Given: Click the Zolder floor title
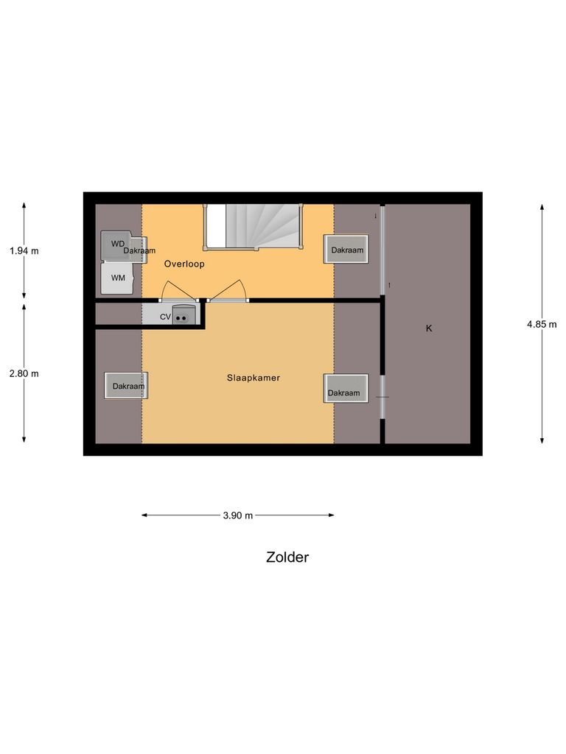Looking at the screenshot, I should pos(287,557).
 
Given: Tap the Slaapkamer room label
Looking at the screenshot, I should pos(254,378).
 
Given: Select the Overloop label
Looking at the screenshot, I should pos(184,264).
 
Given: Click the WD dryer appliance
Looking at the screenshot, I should pos(117,244).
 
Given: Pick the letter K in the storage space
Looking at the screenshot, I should pos(429,328).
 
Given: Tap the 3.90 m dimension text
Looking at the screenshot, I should pos(237,515).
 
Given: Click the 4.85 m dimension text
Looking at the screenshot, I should pos(542,324).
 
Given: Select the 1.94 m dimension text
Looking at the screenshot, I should pos(24,250).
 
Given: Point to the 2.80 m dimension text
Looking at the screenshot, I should pos(24,373).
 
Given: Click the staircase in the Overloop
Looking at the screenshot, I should pos(254,227).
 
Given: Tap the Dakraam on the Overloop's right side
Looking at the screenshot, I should pos(347,250).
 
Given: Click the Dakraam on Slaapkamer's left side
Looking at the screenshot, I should pos(127,386).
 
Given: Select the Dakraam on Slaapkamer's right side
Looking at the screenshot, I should pos(344,391).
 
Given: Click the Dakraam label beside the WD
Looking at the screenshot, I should pos(140,251).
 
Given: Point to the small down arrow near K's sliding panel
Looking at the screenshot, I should pos(376,216).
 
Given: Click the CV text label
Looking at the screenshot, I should pos(165,317).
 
